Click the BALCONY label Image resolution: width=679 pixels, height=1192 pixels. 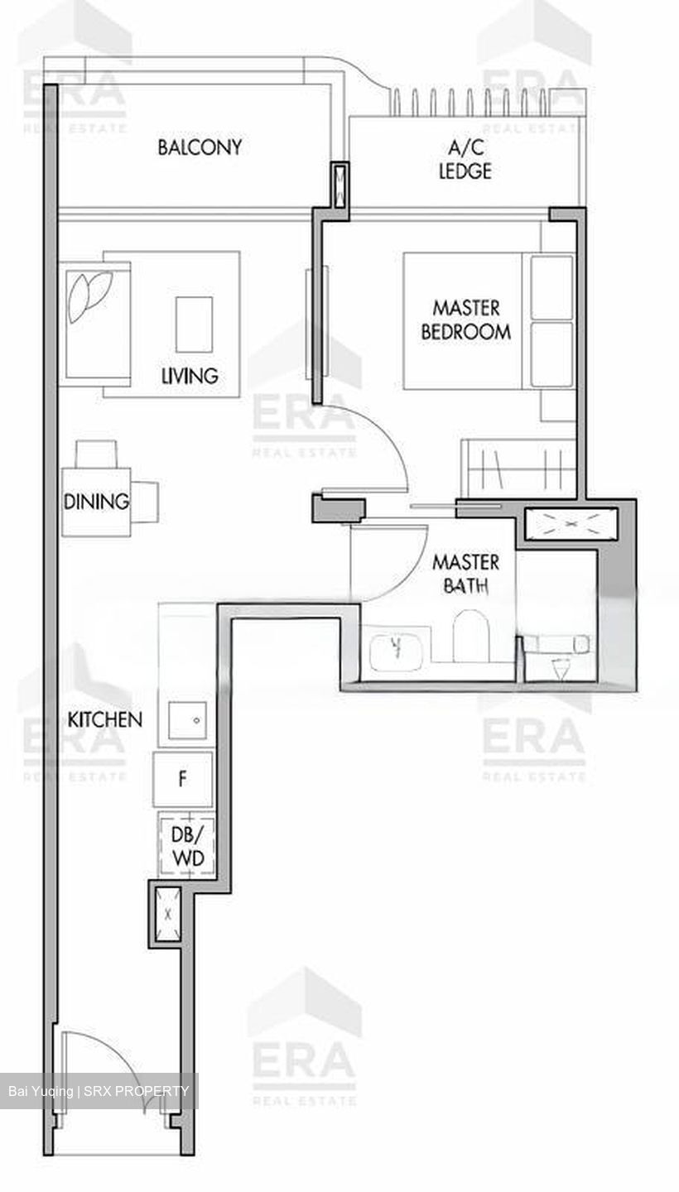[x=200, y=147]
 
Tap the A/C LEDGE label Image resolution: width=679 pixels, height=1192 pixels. [x=470, y=160]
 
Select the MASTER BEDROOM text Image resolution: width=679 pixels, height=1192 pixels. [x=466, y=320]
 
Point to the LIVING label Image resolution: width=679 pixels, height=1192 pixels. [x=190, y=376]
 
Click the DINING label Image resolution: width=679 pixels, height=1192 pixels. [x=96, y=501]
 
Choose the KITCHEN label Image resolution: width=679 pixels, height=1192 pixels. [x=104, y=719]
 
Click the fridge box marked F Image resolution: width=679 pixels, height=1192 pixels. [x=183, y=779]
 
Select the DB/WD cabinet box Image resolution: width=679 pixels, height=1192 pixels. [x=187, y=845]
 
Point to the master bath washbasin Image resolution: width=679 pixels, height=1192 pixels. [x=397, y=648]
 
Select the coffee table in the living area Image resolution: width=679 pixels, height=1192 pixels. [x=194, y=324]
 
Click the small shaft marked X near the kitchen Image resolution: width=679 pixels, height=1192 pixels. [x=169, y=915]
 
